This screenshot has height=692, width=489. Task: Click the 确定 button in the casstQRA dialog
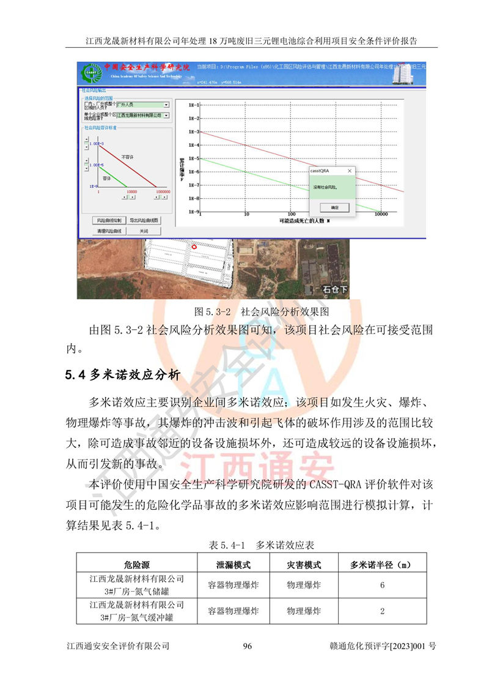[334, 207]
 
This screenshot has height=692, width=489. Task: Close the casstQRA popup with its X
[350, 171]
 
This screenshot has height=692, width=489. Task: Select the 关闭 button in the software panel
[144, 231]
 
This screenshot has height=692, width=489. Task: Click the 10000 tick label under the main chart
[381, 215]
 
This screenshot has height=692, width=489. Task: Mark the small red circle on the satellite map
[194, 247]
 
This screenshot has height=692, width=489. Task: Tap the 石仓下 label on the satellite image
[335, 289]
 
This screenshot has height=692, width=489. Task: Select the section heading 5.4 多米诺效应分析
[122, 375]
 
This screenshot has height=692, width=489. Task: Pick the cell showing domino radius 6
[382, 586]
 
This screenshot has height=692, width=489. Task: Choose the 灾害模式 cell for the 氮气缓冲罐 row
[304, 611]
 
